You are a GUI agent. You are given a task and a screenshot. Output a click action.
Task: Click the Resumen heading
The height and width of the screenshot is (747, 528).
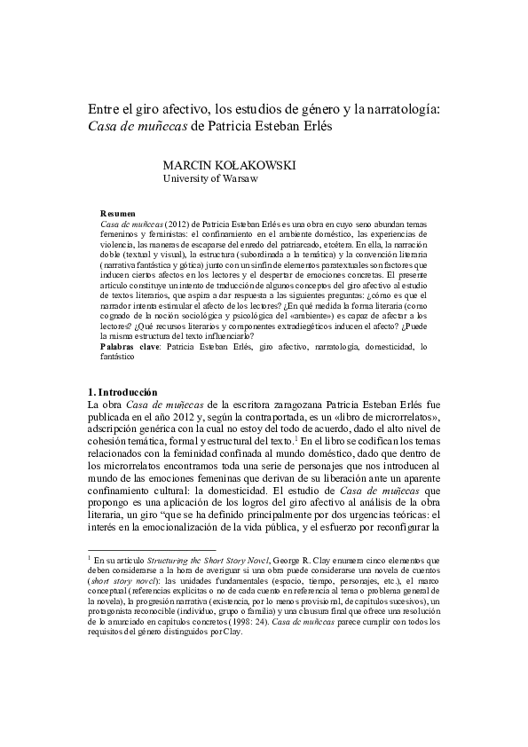(118, 215)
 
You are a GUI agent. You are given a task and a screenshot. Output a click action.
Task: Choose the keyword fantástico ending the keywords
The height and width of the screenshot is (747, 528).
(118, 357)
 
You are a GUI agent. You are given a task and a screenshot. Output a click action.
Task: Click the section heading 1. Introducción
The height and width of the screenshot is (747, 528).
(122, 391)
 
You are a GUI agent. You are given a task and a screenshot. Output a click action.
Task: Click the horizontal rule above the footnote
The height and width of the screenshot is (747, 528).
(152, 551)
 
